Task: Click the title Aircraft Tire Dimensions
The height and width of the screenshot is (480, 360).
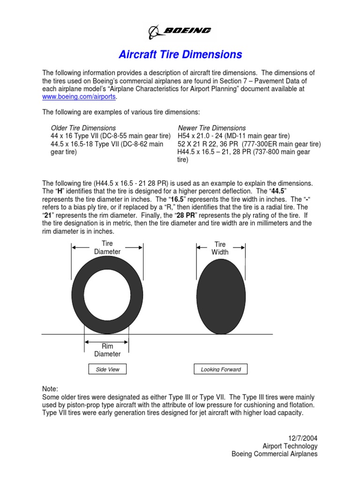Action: pos(180,55)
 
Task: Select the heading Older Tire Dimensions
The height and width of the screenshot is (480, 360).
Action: pos(83,128)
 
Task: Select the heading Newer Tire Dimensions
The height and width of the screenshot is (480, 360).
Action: pos(211,128)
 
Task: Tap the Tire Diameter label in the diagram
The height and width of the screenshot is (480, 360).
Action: pos(107,247)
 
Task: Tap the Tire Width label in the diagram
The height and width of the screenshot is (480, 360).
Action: pos(220,248)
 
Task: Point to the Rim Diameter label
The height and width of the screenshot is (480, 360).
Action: pos(107,350)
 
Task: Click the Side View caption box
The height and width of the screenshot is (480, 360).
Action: pos(107,369)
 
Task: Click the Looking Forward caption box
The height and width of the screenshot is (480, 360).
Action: pos(220,369)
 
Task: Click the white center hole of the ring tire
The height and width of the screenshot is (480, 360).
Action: pos(107,295)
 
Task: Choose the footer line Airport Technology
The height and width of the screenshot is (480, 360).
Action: pos(290,446)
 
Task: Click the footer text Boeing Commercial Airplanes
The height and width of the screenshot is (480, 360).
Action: pos(275,454)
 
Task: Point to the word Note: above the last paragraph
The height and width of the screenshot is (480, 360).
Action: pos(50,389)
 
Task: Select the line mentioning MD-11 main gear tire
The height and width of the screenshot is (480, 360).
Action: pos(234,136)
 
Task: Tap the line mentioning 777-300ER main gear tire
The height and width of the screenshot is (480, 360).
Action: pos(249,144)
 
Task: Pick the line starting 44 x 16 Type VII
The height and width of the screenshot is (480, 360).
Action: pos(110,136)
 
